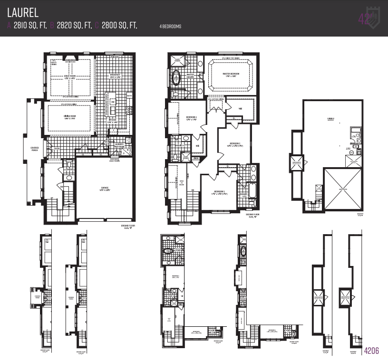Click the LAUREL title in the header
[x=23, y=11]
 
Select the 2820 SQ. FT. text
[x=74, y=26]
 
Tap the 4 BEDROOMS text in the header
[x=170, y=27]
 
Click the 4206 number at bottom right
[x=371, y=351]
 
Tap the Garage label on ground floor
[x=105, y=188]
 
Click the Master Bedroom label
[x=231, y=74]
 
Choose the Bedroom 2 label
[x=234, y=143]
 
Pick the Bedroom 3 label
[x=219, y=191]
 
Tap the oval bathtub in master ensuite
[x=177, y=77]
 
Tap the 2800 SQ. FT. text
[x=119, y=26]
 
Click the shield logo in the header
[x=372, y=18]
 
